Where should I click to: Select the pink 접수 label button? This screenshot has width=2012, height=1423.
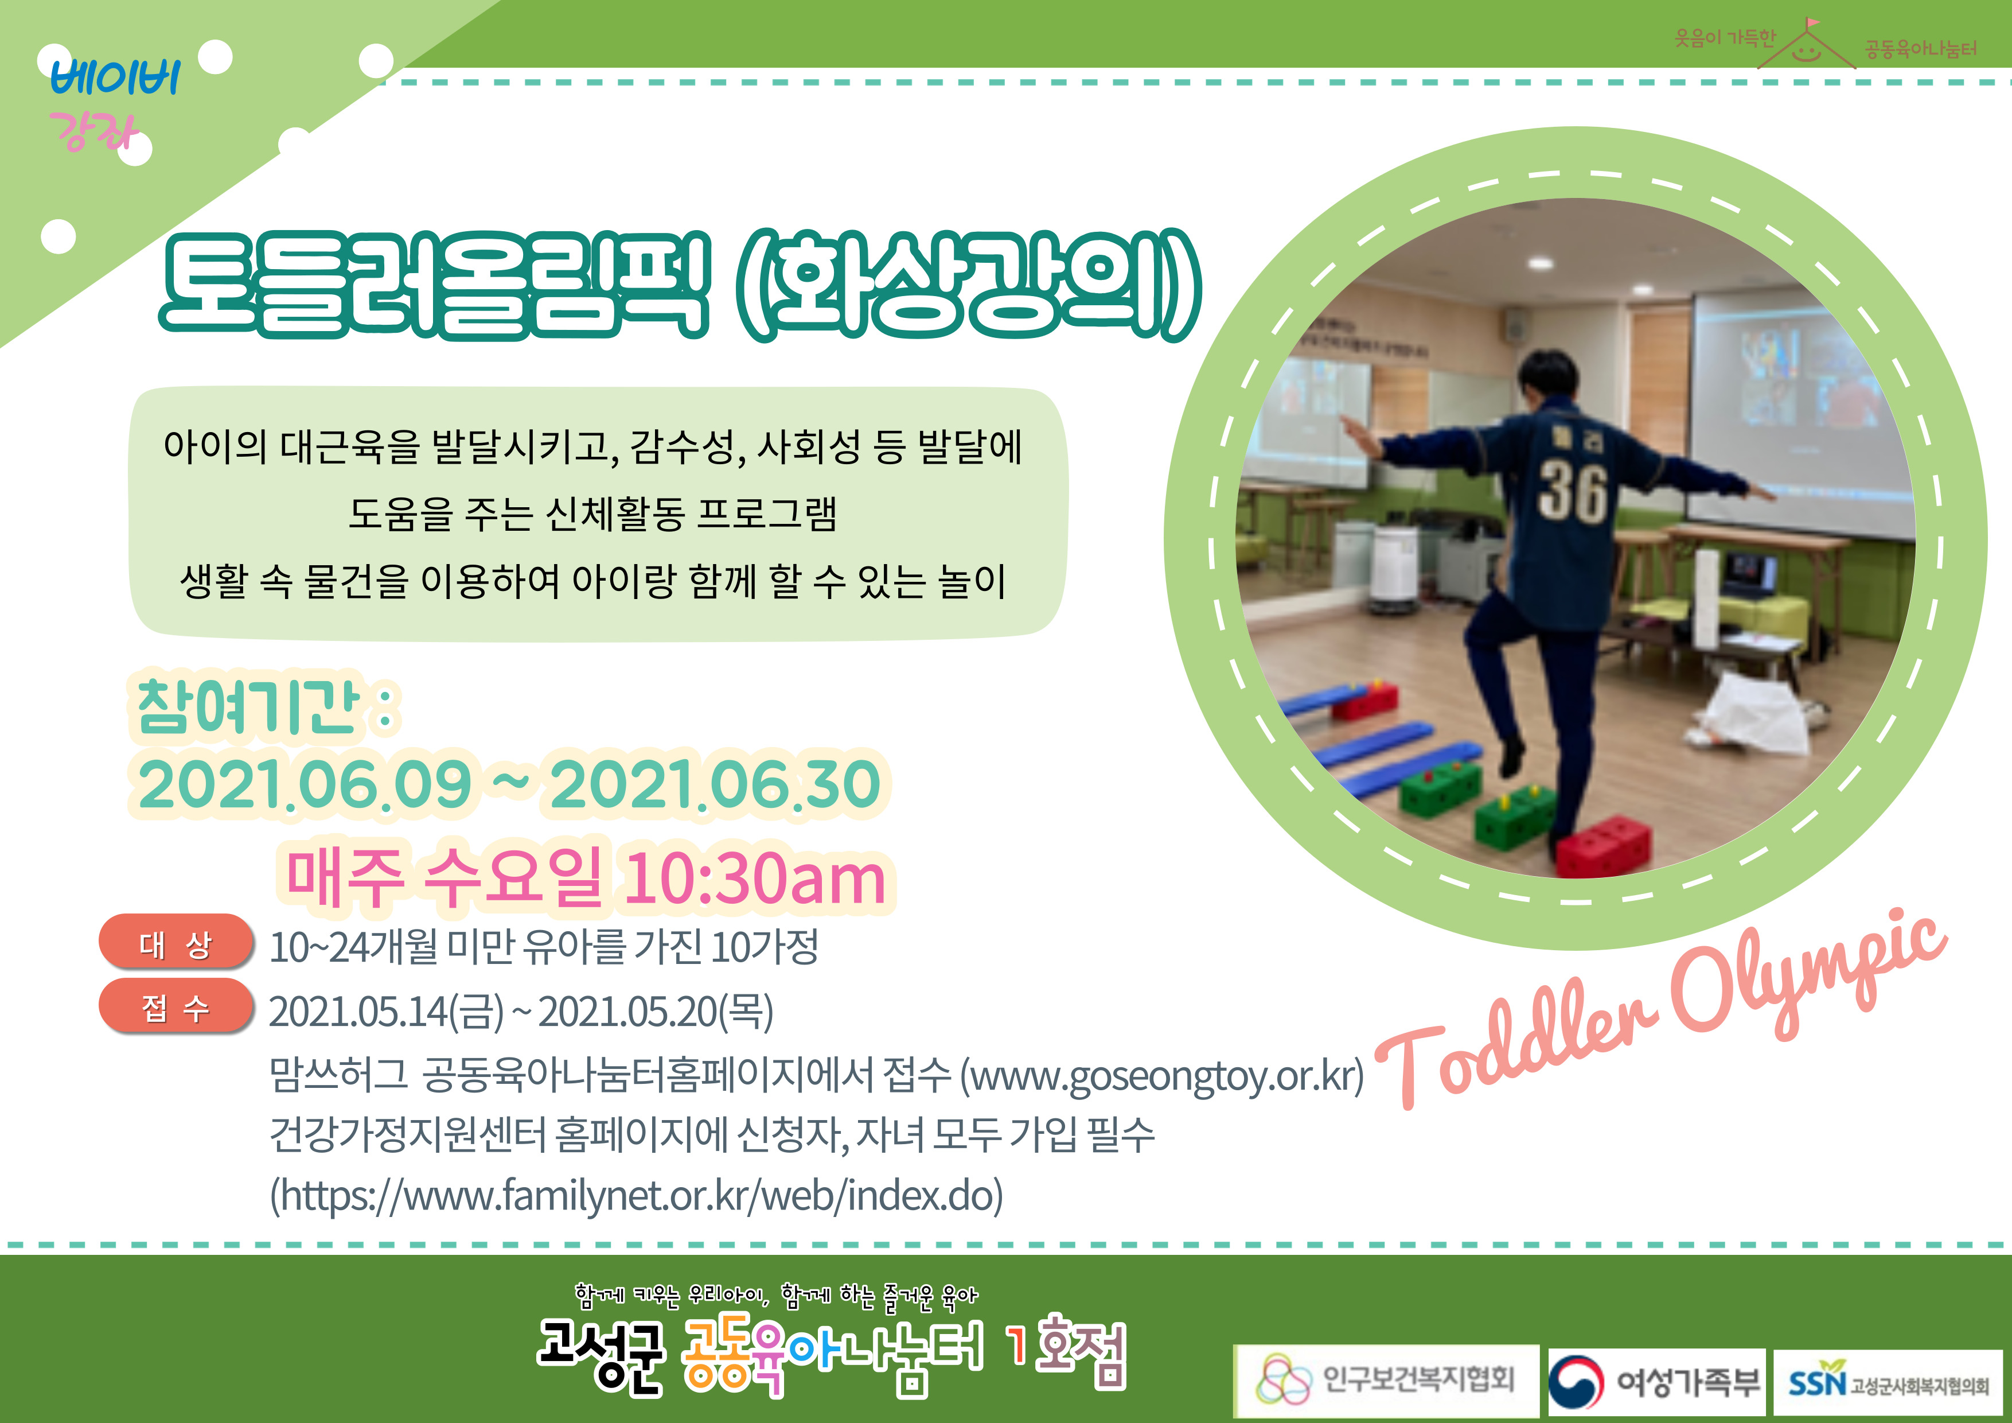(176, 1008)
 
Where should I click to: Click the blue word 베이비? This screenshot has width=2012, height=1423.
(115, 77)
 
